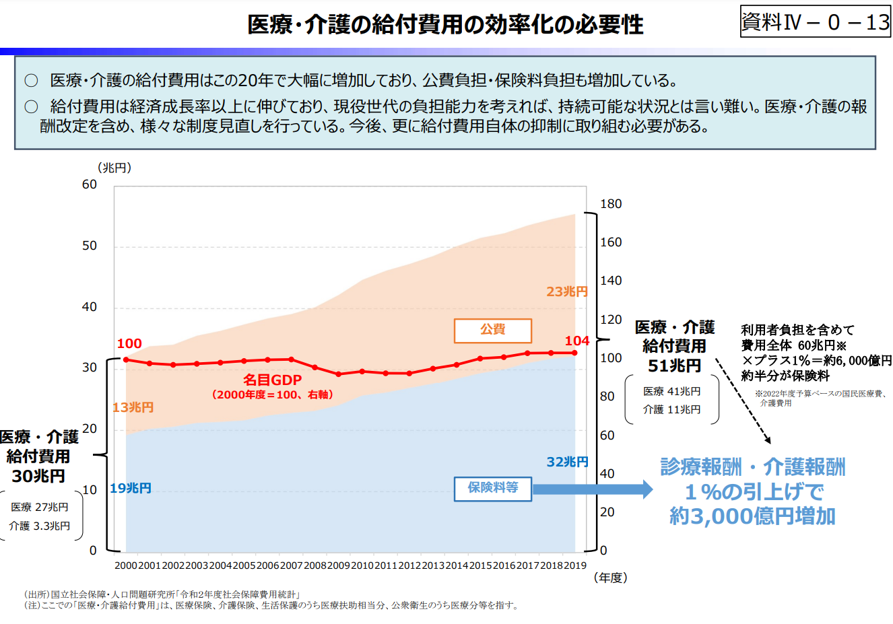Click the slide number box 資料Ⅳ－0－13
[x=815, y=22]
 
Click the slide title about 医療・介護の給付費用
[x=445, y=25]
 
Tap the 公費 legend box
[x=493, y=330]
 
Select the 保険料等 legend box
[x=493, y=488]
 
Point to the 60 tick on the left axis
[x=90, y=184]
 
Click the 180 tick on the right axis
[x=611, y=204]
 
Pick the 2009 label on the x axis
[x=339, y=565]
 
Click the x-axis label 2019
[x=574, y=565]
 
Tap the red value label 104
[x=577, y=341]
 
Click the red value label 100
[x=129, y=344]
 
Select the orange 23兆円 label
[x=567, y=291]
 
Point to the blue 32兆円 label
[x=567, y=462]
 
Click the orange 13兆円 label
[x=133, y=407]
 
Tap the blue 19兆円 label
[x=131, y=488]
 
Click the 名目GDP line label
[x=272, y=380]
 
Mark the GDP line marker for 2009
[x=339, y=374]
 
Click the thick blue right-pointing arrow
[x=593, y=489]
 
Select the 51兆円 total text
[x=674, y=366]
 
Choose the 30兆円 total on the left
[x=38, y=476]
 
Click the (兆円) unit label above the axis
[x=114, y=168]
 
